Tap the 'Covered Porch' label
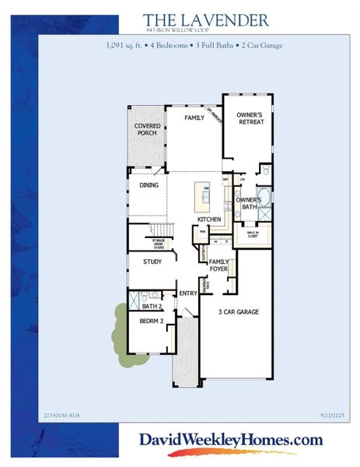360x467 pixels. pos(146,129)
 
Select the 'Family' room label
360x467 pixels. pos(194,118)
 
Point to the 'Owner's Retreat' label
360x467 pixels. pos(250,118)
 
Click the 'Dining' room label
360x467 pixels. pos(149,185)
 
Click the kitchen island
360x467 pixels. pos(206,201)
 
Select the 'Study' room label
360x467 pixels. pos(152,262)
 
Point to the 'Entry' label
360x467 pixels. pos(188,293)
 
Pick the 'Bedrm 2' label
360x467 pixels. pos(150,321)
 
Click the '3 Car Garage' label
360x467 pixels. pos(238,312)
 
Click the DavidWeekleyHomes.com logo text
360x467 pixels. pos(230,440)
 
